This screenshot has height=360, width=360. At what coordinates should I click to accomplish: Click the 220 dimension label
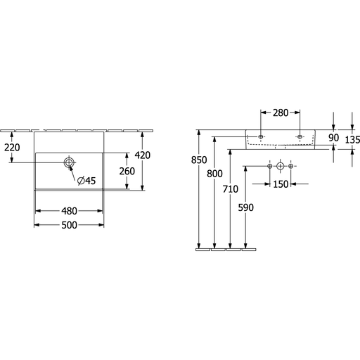pos(12,148)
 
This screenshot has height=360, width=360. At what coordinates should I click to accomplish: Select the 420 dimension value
pos(143,155)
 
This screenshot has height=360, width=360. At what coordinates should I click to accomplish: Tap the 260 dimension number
pos(127,172)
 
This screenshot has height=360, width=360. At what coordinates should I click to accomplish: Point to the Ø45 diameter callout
pos(86,181)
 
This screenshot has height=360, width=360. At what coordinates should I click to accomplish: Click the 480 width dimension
pos(69,211)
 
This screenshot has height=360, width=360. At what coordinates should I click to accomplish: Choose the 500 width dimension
pos(69,225)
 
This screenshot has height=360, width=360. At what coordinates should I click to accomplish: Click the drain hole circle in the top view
pos(69,162)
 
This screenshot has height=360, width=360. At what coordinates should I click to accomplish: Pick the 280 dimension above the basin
pos(281,112)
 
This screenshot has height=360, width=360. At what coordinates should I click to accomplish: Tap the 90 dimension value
pos(333,138)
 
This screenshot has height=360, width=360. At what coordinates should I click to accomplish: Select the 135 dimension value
pos(352,140)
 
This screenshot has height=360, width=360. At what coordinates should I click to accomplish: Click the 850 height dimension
pos(199,160)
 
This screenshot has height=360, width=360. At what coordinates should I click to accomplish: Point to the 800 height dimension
pos(214,174)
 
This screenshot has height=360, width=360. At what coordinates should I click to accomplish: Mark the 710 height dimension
pos(231,189)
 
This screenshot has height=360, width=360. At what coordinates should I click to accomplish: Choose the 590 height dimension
pos(246,207)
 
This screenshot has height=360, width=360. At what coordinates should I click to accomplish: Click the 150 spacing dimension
pos(281,184)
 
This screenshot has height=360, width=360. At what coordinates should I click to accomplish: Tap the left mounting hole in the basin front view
pos(261,136)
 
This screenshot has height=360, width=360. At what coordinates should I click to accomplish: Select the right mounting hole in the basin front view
pos(300,136)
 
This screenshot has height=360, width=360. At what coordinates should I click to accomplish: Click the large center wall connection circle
pos(281,166)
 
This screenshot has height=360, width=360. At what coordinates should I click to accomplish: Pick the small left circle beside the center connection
pos(270,166)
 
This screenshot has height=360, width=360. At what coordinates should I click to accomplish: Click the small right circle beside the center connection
pos(290,166)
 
